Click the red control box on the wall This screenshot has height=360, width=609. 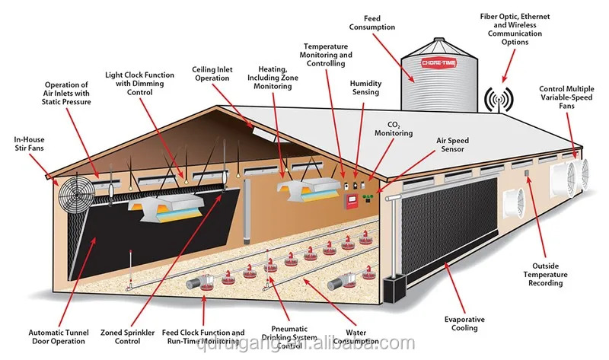click(x=352, y=200)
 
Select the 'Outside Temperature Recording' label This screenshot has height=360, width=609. click(x=544, y=274)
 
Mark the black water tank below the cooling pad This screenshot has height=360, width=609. click(x=397, y=288)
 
